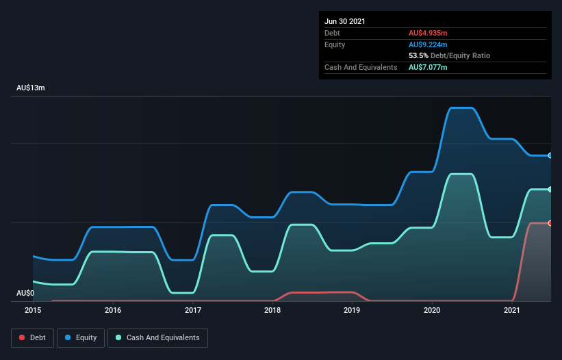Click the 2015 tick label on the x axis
33,311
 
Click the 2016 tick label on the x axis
113,311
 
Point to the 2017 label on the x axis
193,311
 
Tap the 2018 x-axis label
272,311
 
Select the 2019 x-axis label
352,311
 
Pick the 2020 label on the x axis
432,311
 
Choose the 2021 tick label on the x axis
512,311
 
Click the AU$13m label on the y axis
31,88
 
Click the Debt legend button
31,337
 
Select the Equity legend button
81,337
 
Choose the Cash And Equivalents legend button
157,337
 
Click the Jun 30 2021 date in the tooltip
345,21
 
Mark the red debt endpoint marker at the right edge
550,223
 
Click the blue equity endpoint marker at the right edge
550,155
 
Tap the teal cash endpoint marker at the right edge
550,190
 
